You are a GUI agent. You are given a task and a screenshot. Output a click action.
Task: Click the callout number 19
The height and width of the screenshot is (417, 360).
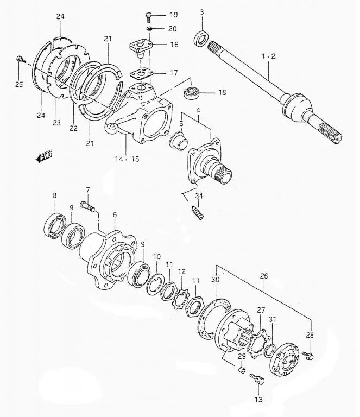173,15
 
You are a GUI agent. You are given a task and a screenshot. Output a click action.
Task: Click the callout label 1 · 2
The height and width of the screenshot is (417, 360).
269,56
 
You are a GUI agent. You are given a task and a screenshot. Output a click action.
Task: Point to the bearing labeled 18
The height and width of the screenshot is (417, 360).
192,92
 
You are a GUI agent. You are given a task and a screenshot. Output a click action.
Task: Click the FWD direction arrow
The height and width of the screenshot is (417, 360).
43,157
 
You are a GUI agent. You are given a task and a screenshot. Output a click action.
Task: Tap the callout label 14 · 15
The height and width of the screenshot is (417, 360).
127,160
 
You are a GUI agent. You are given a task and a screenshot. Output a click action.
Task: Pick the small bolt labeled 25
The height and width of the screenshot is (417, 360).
21,58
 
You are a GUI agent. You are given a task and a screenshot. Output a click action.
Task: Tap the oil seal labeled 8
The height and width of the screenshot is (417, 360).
56,226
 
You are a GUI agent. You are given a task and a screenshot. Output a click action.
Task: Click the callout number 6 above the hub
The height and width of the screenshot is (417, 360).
115,215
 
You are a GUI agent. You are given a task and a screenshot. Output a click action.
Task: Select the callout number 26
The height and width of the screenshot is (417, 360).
264,276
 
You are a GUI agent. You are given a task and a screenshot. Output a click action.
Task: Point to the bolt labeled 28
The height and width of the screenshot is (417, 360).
309,356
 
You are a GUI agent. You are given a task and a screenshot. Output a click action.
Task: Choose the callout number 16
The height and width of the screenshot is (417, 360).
173,45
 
